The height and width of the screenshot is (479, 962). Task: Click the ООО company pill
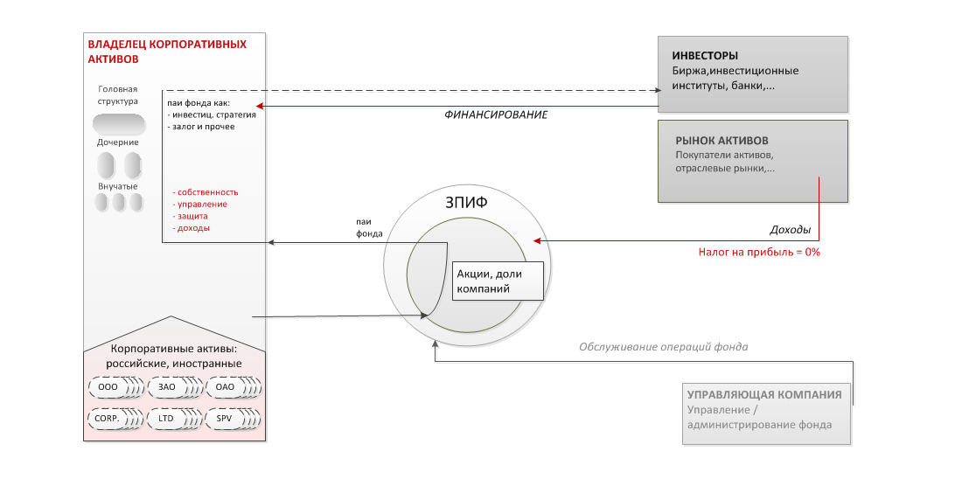click(x=108, y=386)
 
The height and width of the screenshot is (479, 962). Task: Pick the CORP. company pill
click(x=108, y=418)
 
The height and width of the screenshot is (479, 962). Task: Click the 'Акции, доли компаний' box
click(x=497, y=281)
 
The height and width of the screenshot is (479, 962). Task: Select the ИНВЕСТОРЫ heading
click(x=705, y=56)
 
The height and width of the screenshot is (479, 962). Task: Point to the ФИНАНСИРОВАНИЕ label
click(x=496, y=115)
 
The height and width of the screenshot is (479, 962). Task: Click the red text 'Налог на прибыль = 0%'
click(x=758, y=251)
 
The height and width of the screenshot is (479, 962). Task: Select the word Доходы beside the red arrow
click(x=790, y=231)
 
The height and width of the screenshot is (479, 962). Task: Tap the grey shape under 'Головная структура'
click(x=118, y=123)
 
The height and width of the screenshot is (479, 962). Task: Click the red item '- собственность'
click(x=206, y=192)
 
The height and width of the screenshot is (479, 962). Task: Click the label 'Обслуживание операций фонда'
click(x=663, y=346)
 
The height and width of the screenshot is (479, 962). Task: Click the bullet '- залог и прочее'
click(x=201, y=127)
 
